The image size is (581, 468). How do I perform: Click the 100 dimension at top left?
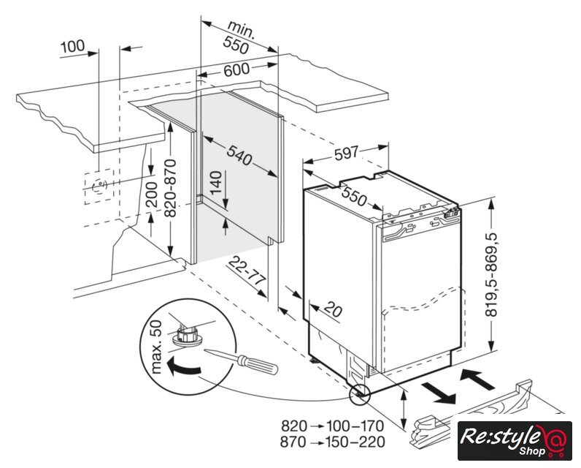73,47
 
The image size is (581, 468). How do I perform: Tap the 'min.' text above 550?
239,30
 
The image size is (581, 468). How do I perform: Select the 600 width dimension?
236,70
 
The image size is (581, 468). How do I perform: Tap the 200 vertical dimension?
151,192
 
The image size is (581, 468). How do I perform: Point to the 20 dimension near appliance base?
332,309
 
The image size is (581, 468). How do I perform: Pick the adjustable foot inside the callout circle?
187,337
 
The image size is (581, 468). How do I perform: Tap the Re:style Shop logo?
514,440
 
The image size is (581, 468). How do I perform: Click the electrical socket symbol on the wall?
97,186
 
